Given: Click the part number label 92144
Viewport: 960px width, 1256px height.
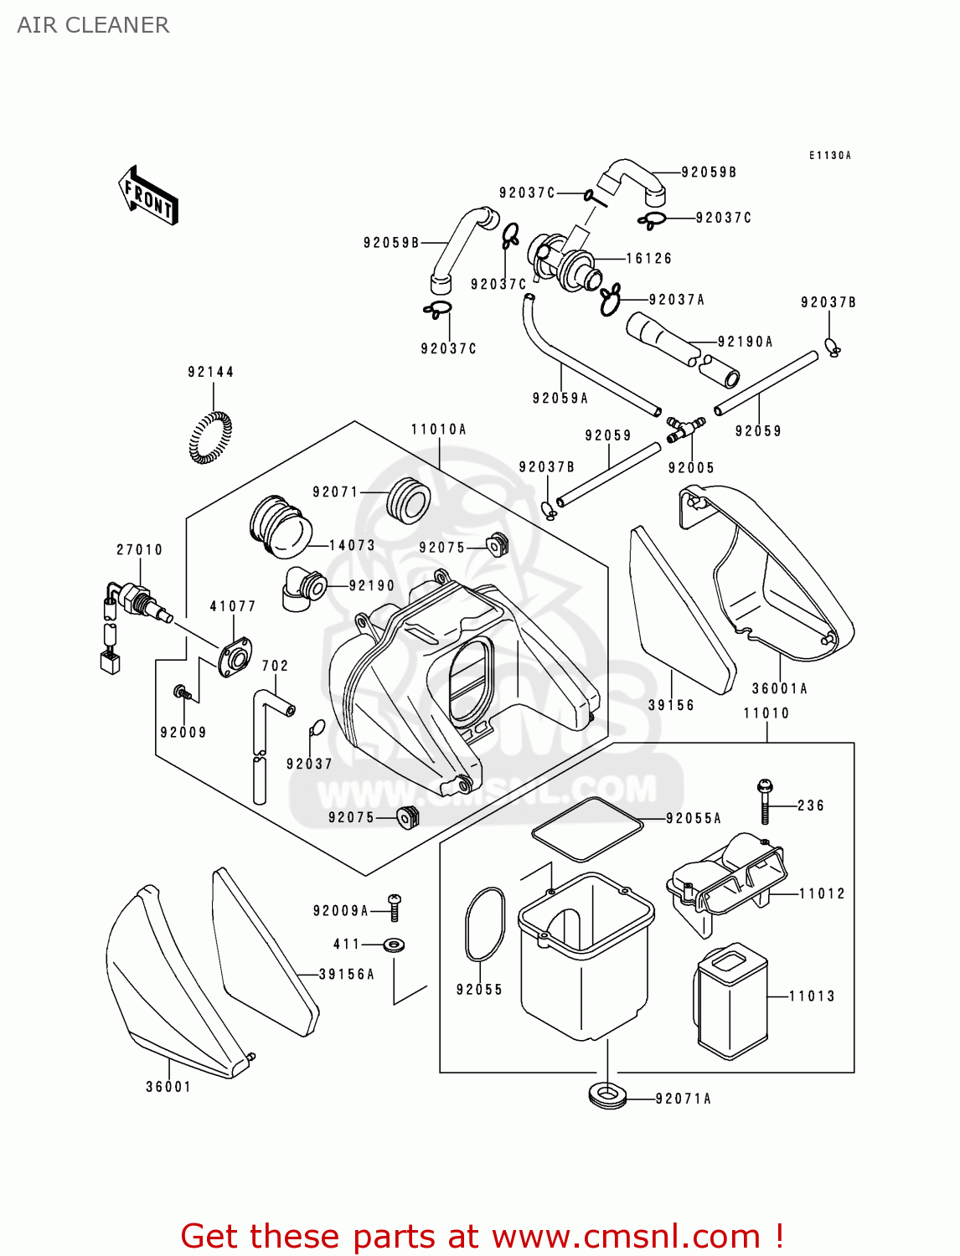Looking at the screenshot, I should (x=210, y=372).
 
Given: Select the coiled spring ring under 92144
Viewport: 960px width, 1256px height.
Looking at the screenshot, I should (x=209, y=437).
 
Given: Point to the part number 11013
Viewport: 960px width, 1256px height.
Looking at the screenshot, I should (x=812, y=996).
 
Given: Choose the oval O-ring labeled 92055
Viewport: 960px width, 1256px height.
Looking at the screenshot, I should (x=484, y=924).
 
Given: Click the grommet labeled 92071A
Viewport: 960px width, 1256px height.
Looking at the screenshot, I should (x=608, y=1095).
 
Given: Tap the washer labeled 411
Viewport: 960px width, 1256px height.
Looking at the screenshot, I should (x=394, y=945).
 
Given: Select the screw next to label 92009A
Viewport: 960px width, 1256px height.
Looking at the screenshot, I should (x=394, y=907).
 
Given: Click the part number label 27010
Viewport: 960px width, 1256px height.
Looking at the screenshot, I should (x=139, y=550).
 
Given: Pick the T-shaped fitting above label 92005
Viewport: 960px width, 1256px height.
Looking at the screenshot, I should (x=684, y=430).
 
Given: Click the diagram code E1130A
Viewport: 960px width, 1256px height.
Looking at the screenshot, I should (x=829, y=156).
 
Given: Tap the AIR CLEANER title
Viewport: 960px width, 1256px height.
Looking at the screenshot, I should (x=93, y=25).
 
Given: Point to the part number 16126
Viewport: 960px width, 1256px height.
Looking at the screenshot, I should (x=648, y=259).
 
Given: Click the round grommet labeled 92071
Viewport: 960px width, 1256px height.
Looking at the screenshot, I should (x=408, y=501).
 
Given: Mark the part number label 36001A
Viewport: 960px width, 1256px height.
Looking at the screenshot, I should (x=779, y=689).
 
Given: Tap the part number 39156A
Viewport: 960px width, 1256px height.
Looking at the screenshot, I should (x=346, y=975).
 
